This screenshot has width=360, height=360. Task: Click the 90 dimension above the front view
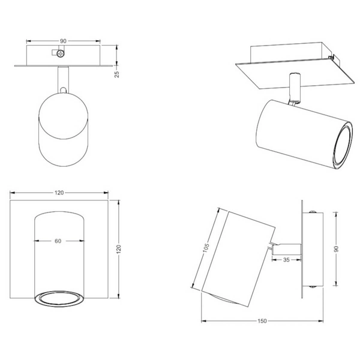point(63,41)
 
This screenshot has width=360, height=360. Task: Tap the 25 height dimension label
point(117,74)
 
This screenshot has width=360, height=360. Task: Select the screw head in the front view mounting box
point(61,54)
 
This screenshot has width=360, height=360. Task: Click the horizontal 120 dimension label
point(59,193)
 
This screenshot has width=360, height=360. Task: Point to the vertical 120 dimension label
point(118,249)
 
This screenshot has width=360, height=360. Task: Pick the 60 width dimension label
point(58,241)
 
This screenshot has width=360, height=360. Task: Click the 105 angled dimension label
point(206,247)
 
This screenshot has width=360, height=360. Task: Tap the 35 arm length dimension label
point(286,260)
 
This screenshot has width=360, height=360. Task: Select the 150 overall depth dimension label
point(262,321)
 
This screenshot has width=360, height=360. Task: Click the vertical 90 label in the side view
point(336,249)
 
